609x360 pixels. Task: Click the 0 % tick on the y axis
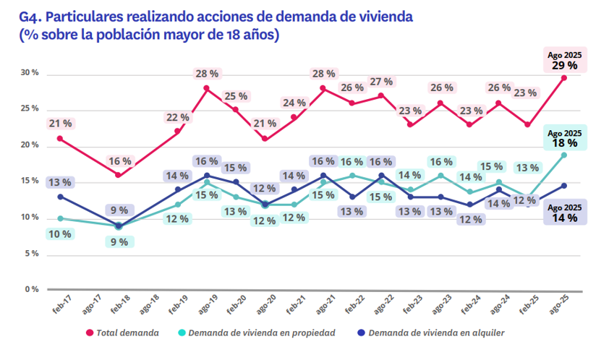click(x=32, y=289)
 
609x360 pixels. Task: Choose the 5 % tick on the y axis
click(x=32, y=254)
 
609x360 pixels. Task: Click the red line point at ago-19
click(x=206, y=88)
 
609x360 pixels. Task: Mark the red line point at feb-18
click(x=118, y=175)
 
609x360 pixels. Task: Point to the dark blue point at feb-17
click(x=59, y=197)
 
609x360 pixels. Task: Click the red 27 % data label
click(x=381, y=81)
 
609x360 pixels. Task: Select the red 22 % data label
click(x=177, y=117)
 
